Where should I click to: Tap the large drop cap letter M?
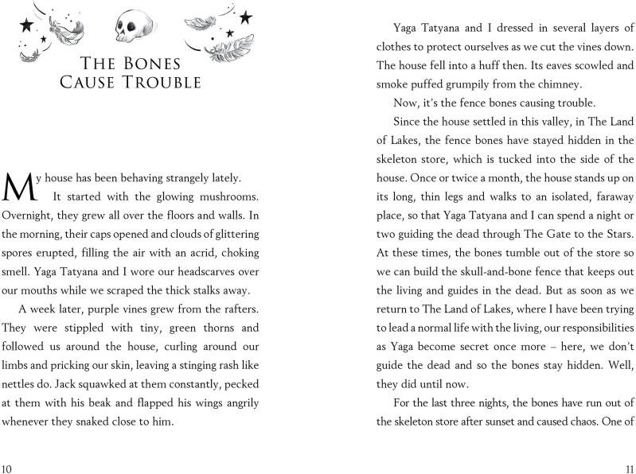click(x=18, y=188)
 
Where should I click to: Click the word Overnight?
click(x=29, y=216)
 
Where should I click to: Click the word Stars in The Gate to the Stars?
click(x=614, y=235)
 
